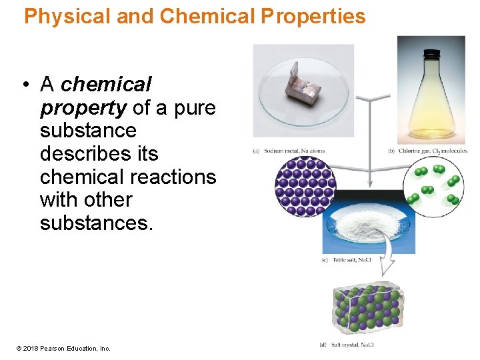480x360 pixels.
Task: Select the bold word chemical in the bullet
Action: (106, 85)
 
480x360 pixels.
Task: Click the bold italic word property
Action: (83, 107)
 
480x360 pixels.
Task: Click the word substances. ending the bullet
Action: (97, 223)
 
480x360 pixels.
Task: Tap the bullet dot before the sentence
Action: (24, 85)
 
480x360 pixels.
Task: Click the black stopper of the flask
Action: (432, 53)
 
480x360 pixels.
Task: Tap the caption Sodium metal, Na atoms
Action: (293, 151)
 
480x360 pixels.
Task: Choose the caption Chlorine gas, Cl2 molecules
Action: (431, 151)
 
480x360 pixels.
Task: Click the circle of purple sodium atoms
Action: (305, 186)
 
